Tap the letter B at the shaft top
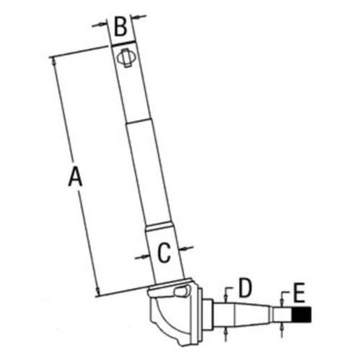(x=121, y=28)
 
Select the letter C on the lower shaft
(x=164, y=252)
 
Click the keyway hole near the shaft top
(x=128, y=56)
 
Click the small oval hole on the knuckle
(x=179, y=292)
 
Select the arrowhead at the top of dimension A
(x=54, y=62)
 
